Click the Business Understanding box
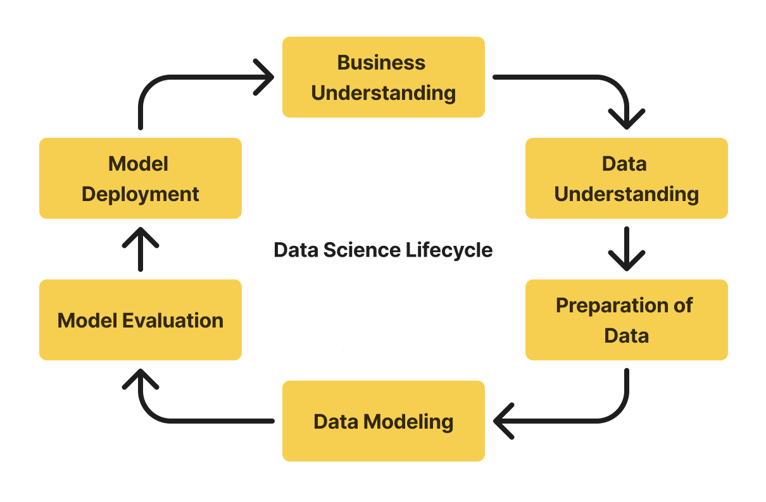click(x=383, y=77)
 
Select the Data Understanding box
click(x=626, y=178)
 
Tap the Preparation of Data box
click(x=626, y=320)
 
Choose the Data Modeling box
click(x=383, y=421)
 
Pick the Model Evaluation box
click(x=140, y=320)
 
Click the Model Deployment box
click(x=140, y=178)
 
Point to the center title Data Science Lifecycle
click(x=383, y=250)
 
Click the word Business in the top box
click(x=381, y=63)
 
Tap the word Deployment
click(x=140, y=194)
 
